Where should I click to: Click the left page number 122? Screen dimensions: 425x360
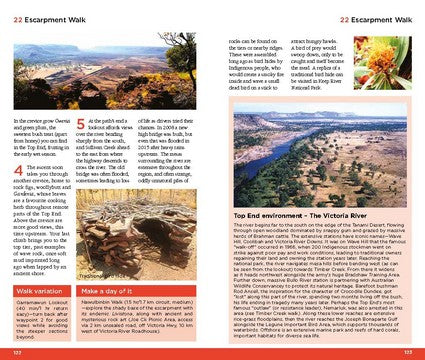click(x=17, y=352)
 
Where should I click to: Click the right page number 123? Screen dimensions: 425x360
click(x=407, y=352)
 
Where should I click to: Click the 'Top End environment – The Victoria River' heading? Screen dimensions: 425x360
click(x=302, y=214)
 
